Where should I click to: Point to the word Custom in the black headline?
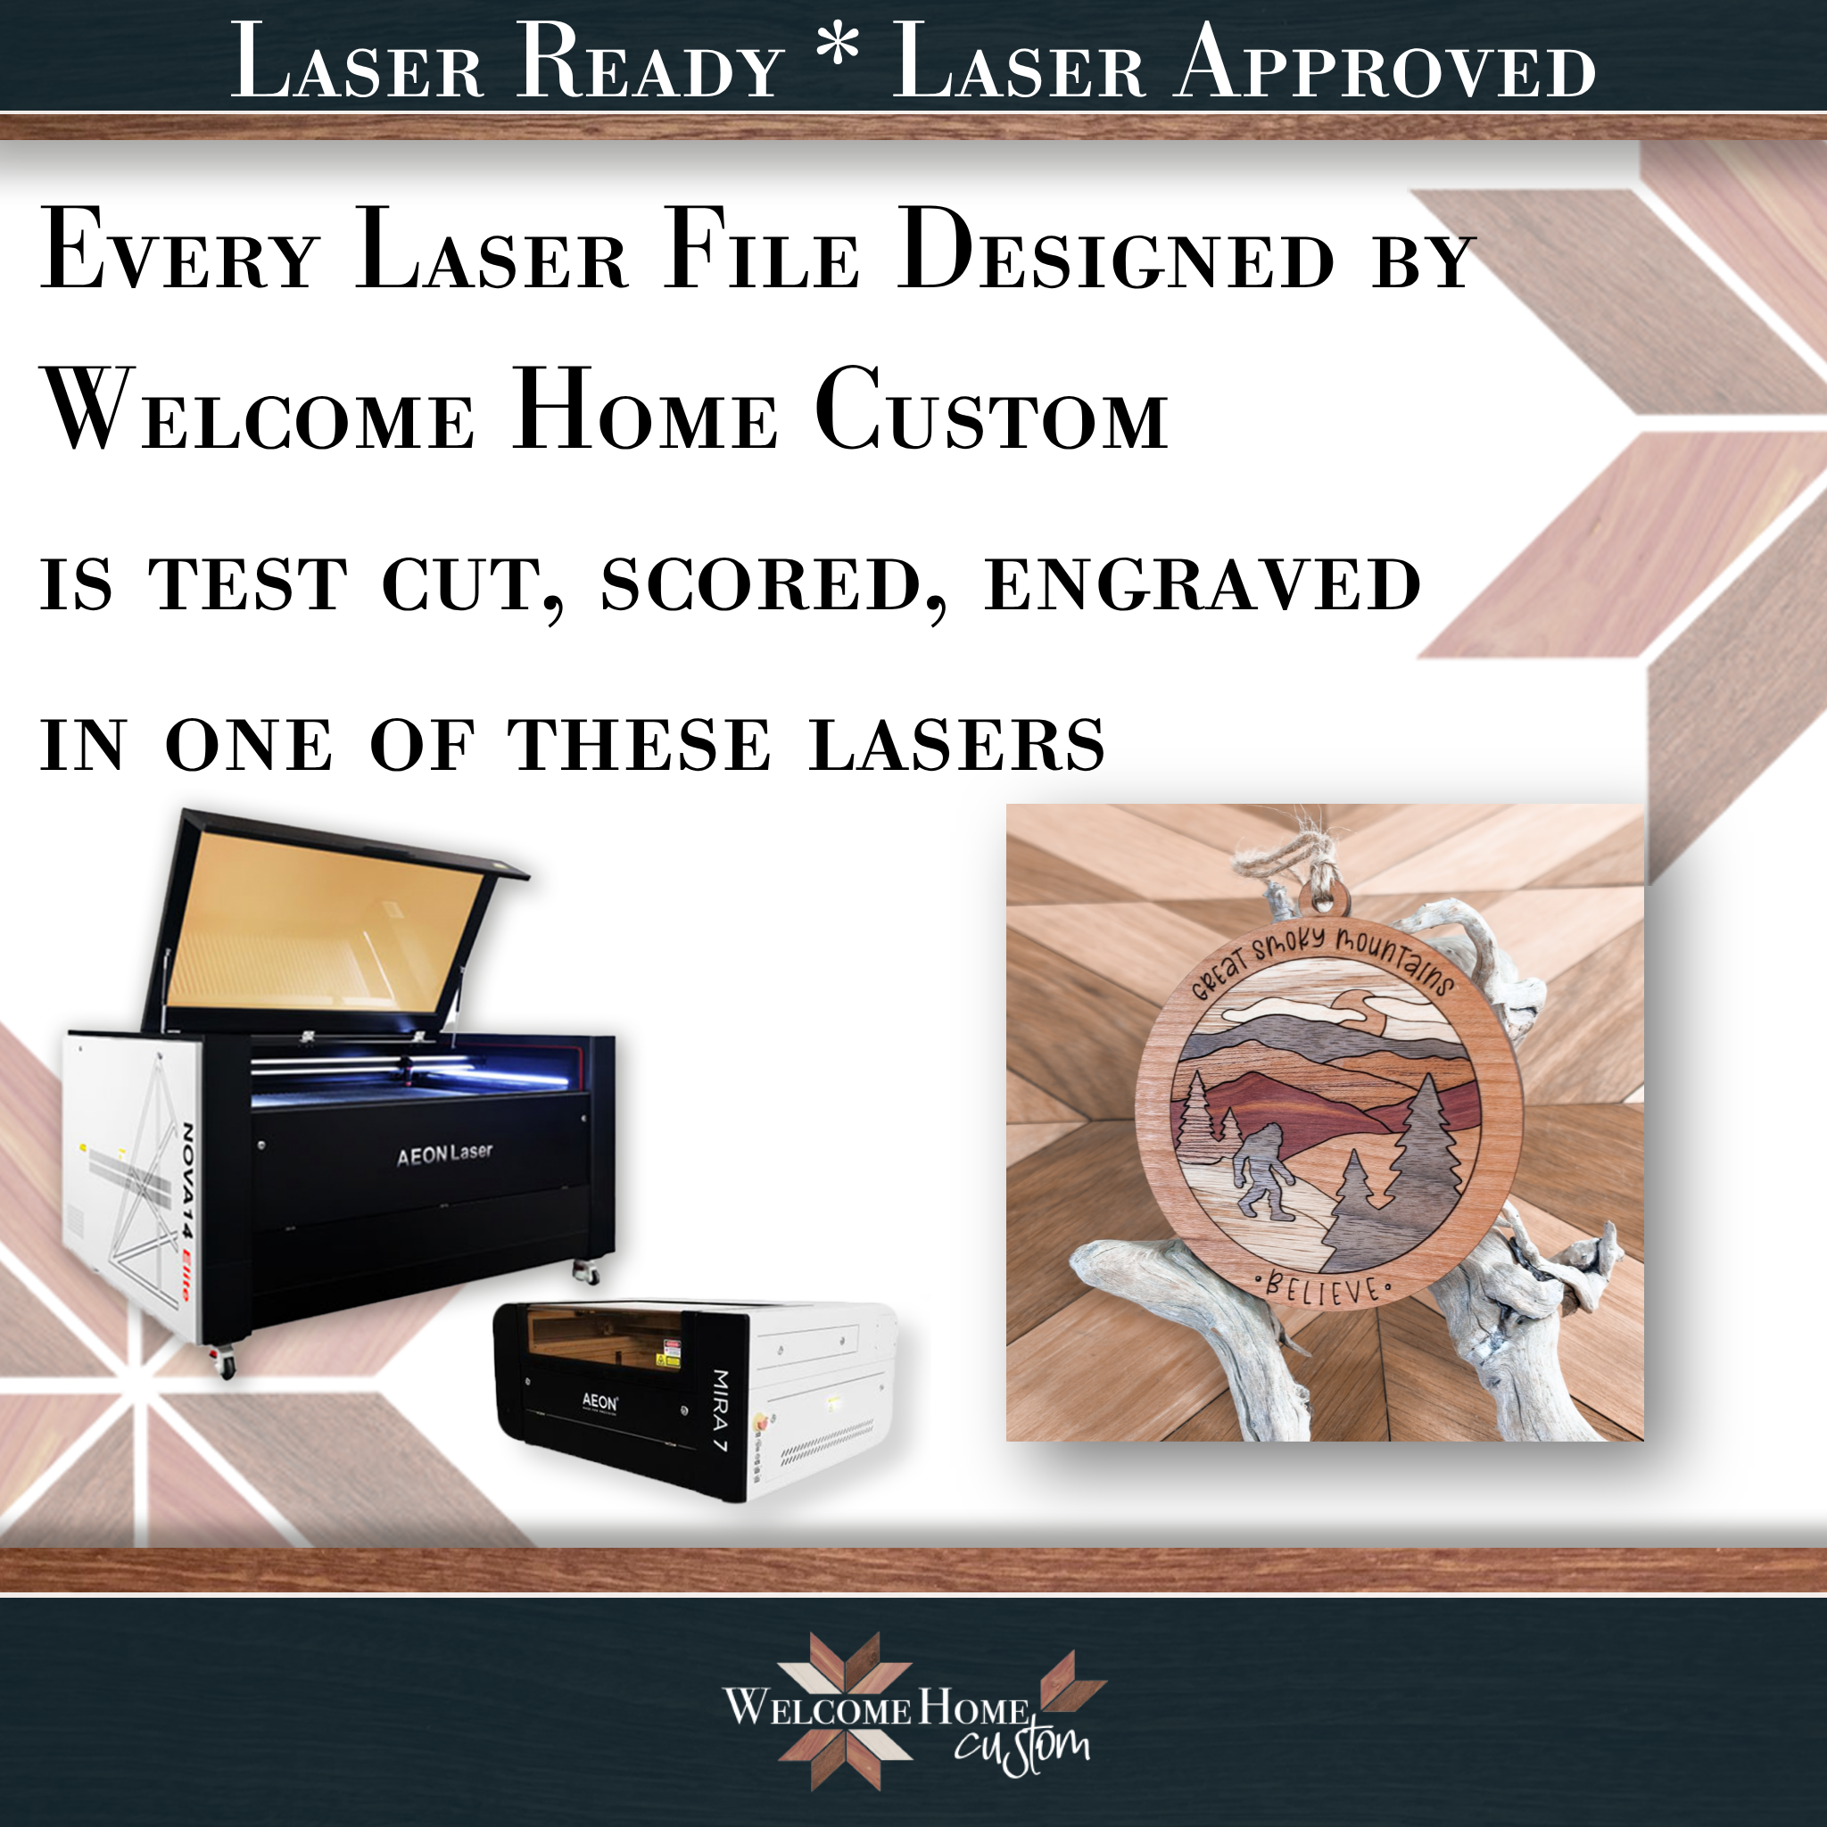coord(992,409)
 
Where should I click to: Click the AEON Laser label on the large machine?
coord(444,1154)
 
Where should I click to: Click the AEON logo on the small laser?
coord(599,1401)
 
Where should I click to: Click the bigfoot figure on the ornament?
coord(1264,1170)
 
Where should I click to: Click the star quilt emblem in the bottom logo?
coord(846,1713)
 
